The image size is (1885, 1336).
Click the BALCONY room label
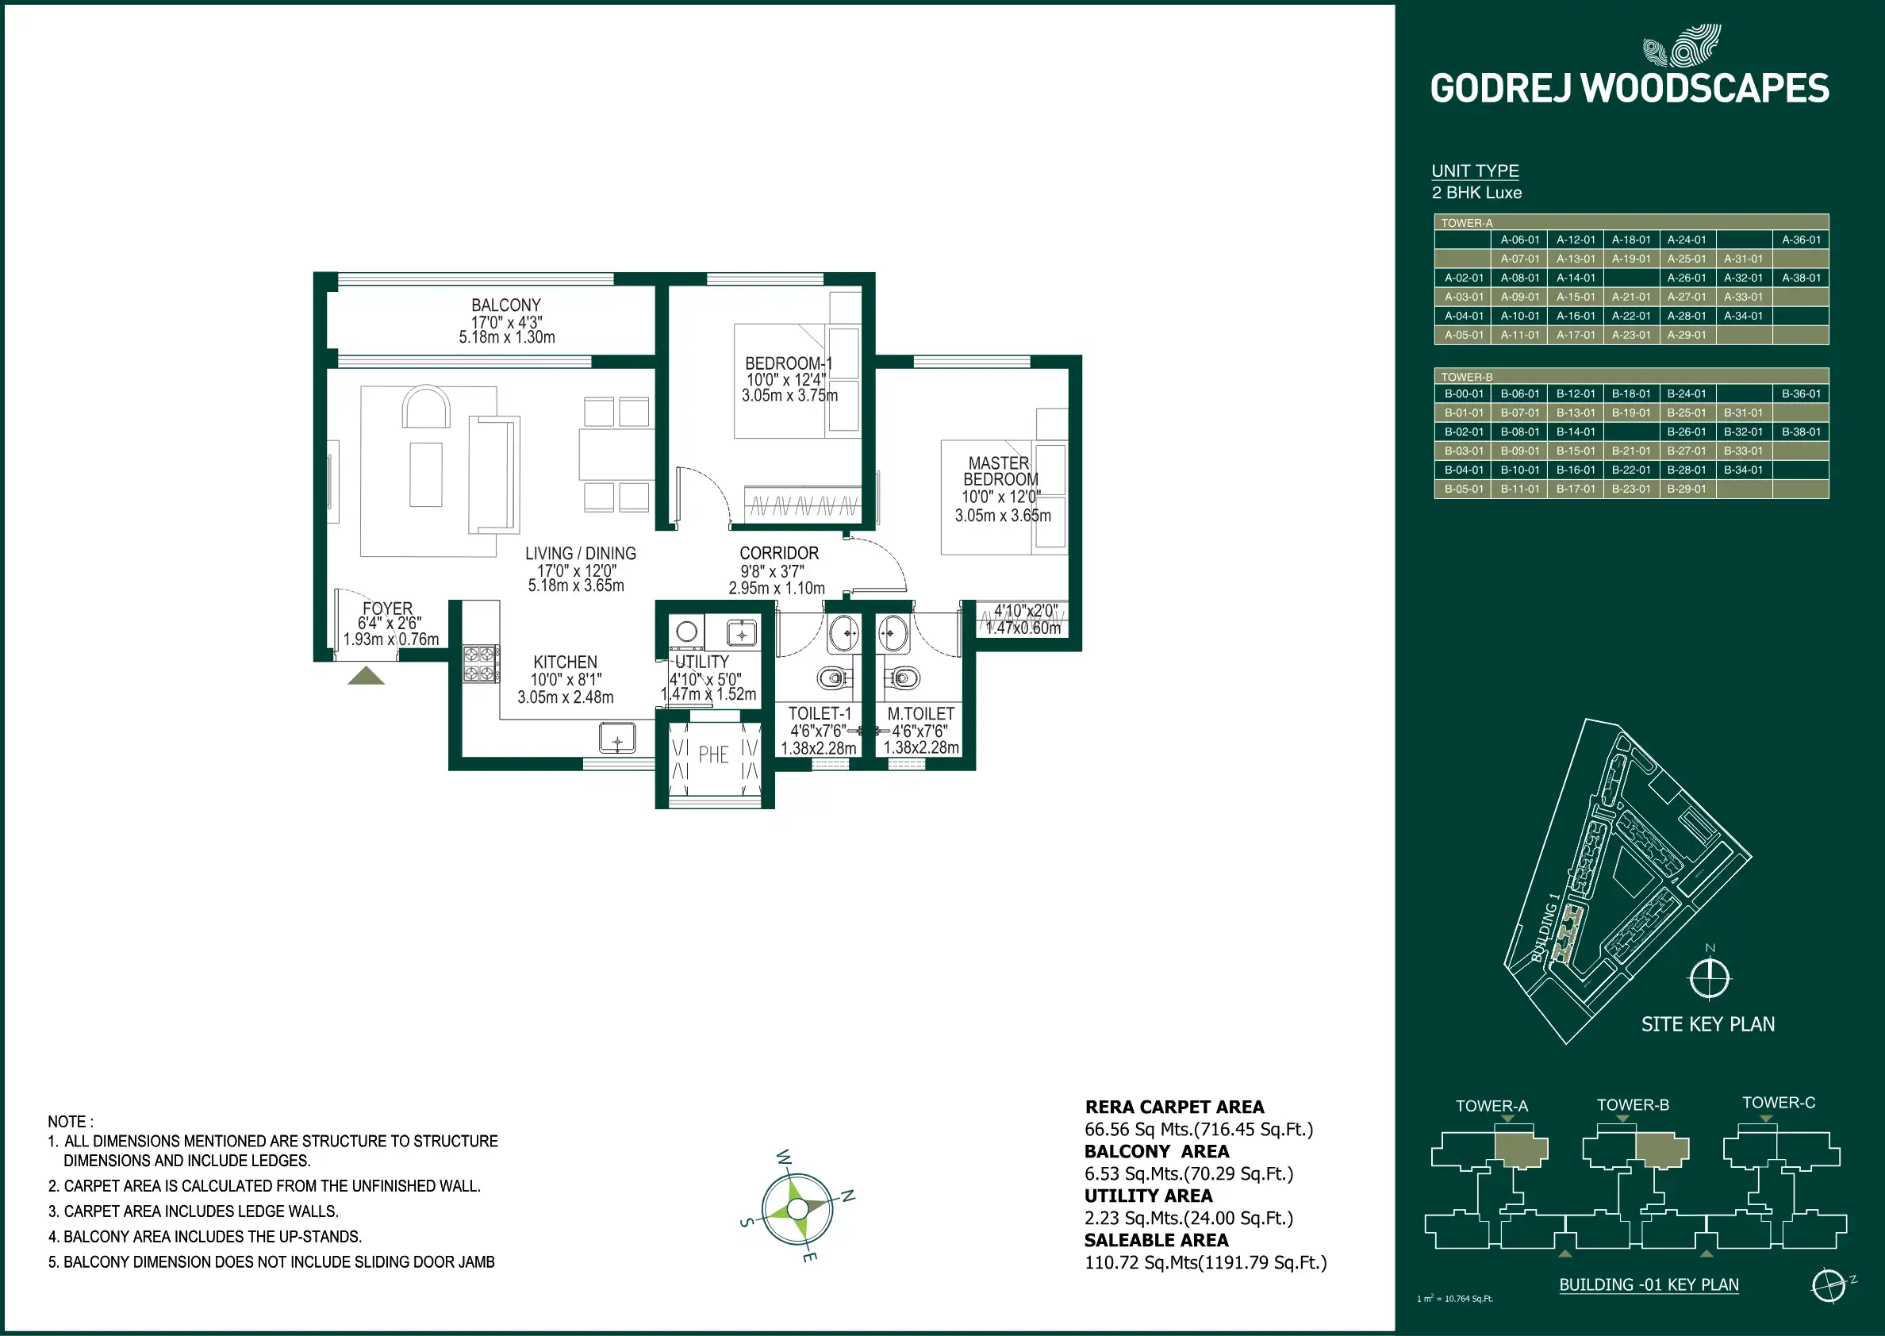point(506,305)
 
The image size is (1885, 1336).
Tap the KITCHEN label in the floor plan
point(565,662)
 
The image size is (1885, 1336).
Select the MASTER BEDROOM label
point(1000,471)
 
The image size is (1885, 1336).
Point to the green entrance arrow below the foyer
point(366,676)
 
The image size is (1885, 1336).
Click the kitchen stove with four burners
point(480,664)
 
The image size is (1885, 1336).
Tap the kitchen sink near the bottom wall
point(616,738)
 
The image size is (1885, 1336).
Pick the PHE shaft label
point(714,755)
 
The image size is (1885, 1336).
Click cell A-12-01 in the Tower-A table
point(1576,240)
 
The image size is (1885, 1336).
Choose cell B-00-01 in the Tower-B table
point(1464,394)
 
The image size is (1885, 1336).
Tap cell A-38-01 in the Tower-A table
point(1801,278)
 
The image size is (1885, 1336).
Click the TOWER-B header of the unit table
point(1467,377)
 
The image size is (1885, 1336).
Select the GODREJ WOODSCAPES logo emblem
point(1681,45)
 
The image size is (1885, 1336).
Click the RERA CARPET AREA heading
point(1174,1108)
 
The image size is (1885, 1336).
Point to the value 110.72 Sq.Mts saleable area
point(1206,1263)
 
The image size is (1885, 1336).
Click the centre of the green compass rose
point(797,1208)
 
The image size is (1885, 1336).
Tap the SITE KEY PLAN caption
point(1708,1024)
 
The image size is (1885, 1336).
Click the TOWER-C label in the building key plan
point(1779,1103)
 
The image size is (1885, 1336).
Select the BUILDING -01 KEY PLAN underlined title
point(1649,1285)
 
